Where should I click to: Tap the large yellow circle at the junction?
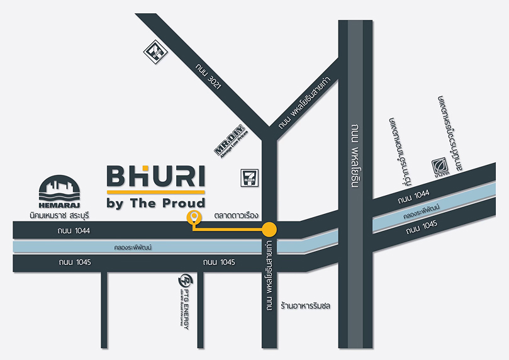click(x=269, y=229)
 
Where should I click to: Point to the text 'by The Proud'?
click(x=155, y=203)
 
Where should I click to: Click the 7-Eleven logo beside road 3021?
click(x=154, y=50)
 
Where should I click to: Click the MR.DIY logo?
click(x=230, y=141)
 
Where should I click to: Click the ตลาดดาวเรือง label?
click(x=237, y=215)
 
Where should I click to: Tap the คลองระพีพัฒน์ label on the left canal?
click(x=133, y=247)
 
